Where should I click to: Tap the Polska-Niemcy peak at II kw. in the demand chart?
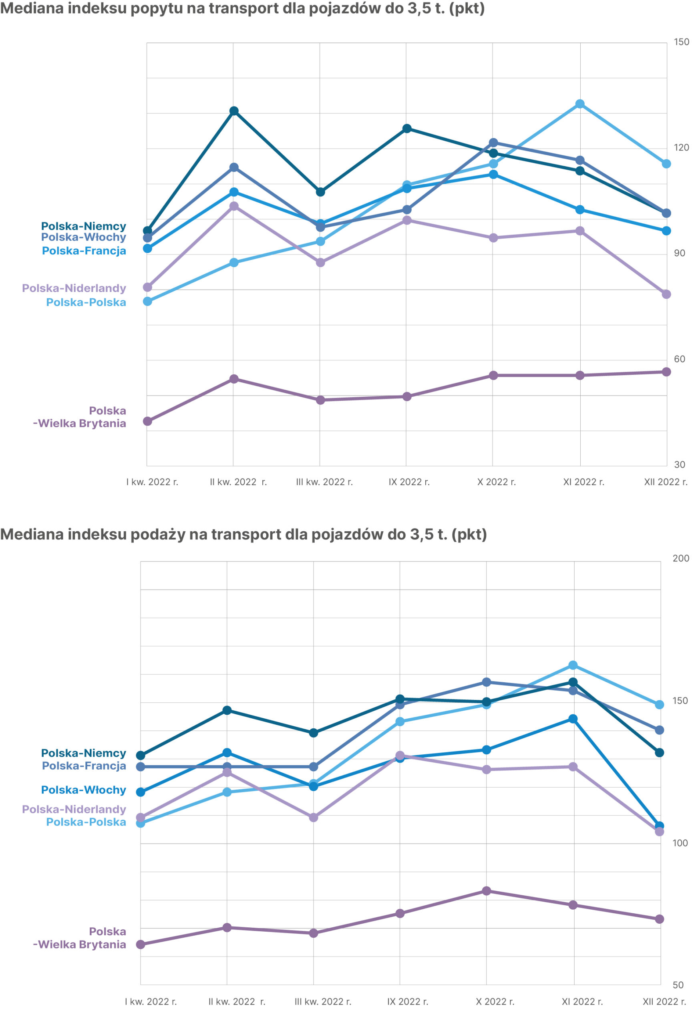[x=234, y=111]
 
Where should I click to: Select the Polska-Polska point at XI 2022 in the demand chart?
[x=580, y=104]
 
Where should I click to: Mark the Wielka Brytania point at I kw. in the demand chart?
[x=148, y=421]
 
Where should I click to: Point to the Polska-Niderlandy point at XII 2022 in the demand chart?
[x=666, y=294]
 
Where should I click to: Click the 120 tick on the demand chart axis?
[x=681, y=148]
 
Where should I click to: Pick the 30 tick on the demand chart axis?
[x=679, y=464]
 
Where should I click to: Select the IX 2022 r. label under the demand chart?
[x=409, y=482]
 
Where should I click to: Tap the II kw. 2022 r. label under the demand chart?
[x=238, y=482]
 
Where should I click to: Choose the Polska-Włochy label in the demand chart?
[x=83, y=237]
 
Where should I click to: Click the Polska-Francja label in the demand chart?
[x=84, y=251]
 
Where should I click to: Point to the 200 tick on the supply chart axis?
[x=680, y=559]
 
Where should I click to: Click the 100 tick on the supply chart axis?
[x=680, y=843]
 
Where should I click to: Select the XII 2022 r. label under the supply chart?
[x=664, y=1002]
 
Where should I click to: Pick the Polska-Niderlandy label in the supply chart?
[x=74, y=809]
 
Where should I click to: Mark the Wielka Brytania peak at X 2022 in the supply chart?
[x=487, y=891]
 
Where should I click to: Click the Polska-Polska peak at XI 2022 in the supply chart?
[x=573, y=665]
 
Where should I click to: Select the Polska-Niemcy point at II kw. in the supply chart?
[x=227, y=710]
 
